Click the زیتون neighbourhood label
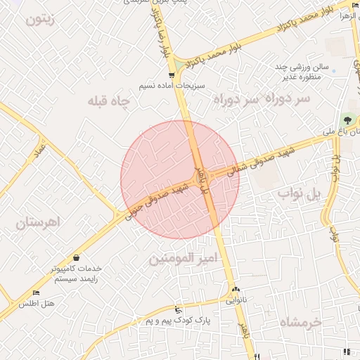(39, 19)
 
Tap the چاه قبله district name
(109, 101)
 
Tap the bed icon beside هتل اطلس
(36, 292)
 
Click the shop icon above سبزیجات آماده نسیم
(172, 75)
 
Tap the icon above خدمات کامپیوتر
(76, 258)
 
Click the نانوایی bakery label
(236, 300)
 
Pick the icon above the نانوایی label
(236, 290)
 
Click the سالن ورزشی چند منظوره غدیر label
(302, 71)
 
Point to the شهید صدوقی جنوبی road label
(156, 200)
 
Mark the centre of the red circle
(180, 179)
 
